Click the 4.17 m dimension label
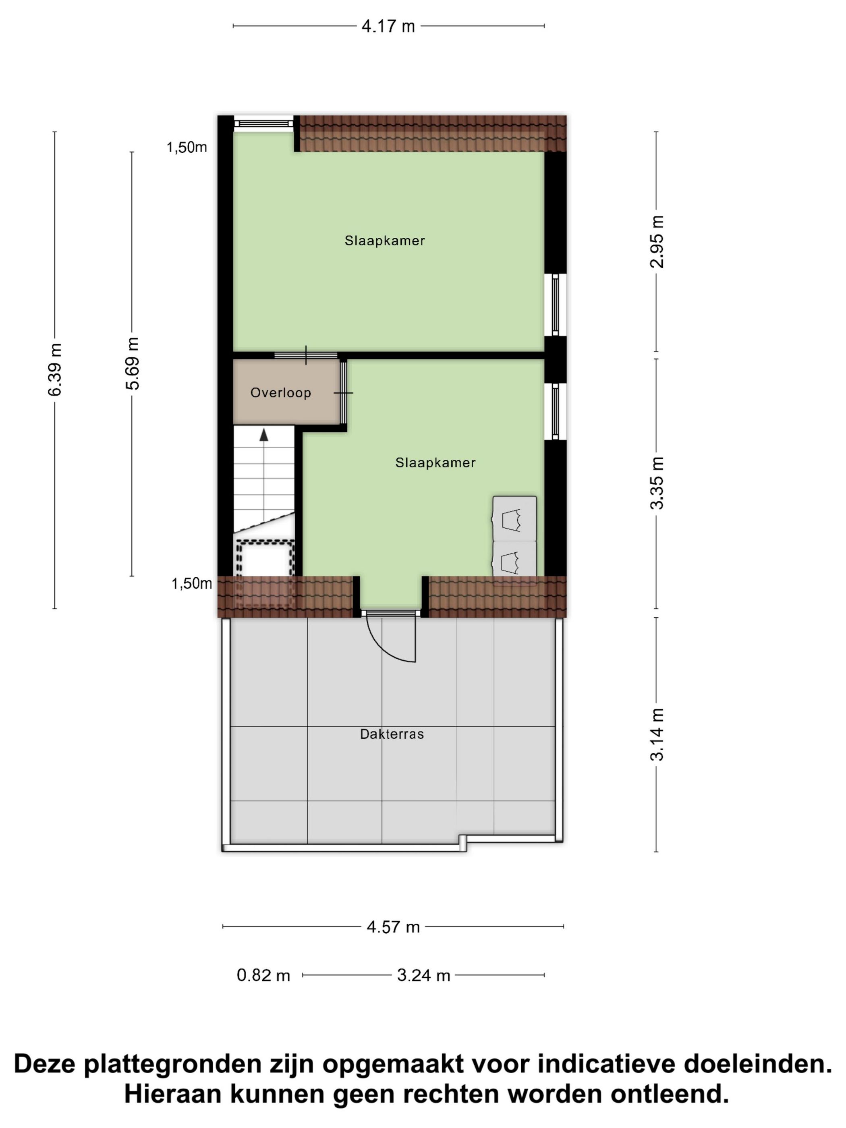click(x=388, y=27)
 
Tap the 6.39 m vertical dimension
click(x=55, y=369)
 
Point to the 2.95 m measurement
click(x=657, y=242)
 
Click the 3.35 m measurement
click(x=657, y=482)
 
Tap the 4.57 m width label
click(x=393, y=927)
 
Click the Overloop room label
click(x=280, y=393)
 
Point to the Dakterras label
click(x=392, y=734)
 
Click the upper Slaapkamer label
click(x=384, y=241)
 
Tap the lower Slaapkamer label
click(x=435, y=462)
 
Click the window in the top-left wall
click(x=263, y=123)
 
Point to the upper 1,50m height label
click(x=187, y=147)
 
